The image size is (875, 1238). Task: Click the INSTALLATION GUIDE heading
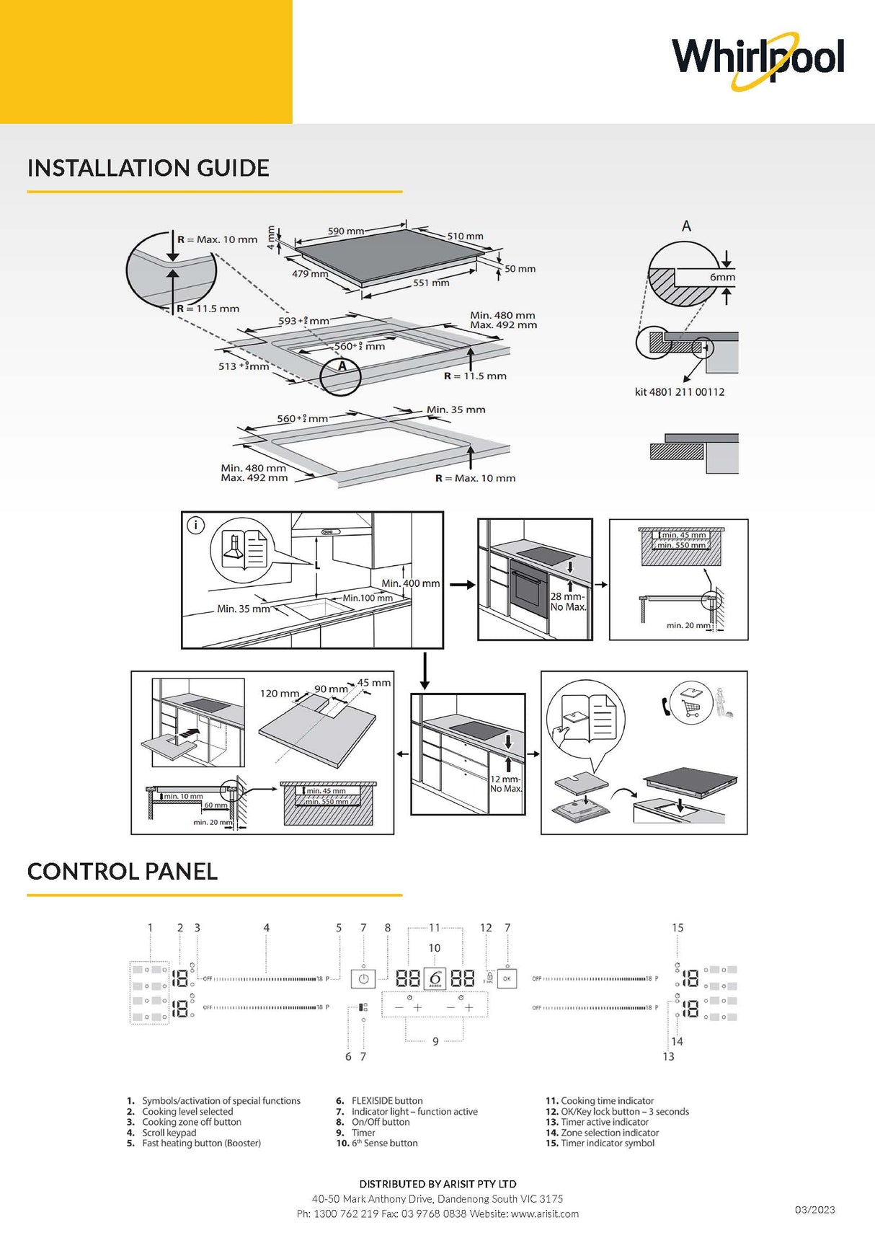[148, 168]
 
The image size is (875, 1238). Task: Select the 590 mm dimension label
[345, 231]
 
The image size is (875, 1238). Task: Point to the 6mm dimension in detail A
[721, 277]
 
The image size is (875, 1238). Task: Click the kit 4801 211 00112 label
[679, 392]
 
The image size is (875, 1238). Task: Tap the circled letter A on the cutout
[342, 366]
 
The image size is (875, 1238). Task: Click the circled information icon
[196, 526]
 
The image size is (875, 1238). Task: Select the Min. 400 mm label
[410, 583]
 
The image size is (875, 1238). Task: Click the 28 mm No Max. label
[568, 602]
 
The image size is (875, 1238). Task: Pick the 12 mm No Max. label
[505, 784]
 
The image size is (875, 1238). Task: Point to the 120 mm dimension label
[279, 694]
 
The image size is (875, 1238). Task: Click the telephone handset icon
[666, 705]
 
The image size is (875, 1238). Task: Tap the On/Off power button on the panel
[363, 978]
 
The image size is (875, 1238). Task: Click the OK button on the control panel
[507, 978]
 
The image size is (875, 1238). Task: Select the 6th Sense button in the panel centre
[435, 978]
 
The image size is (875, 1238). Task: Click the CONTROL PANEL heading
[122, 871]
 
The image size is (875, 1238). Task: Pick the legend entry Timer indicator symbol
[607, 1143]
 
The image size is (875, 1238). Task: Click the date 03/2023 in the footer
[814, 1209]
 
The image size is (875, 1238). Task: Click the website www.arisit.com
[544, 1213]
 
